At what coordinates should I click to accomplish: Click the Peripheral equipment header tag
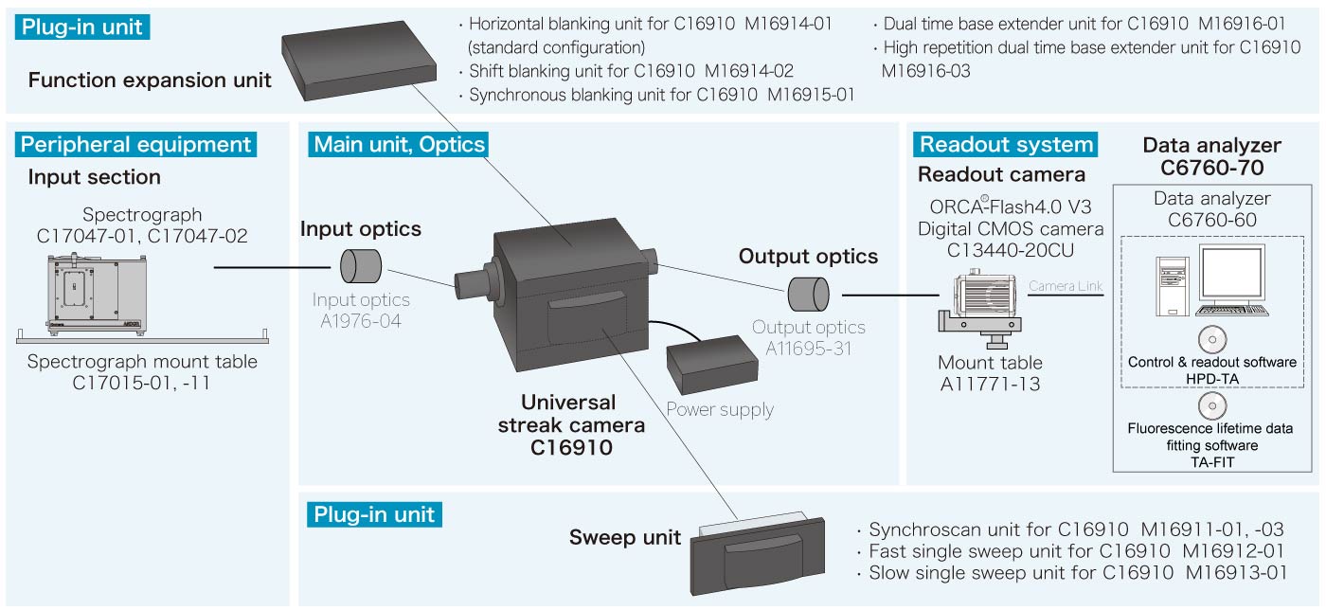click(136, 144)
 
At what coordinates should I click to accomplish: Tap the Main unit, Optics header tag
click(399, 144)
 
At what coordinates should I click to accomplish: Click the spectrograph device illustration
click(95, 290)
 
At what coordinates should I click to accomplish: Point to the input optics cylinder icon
click(361, 265)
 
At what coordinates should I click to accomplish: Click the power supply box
click(710, 368)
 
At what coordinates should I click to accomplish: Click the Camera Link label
click(1066, 285)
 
